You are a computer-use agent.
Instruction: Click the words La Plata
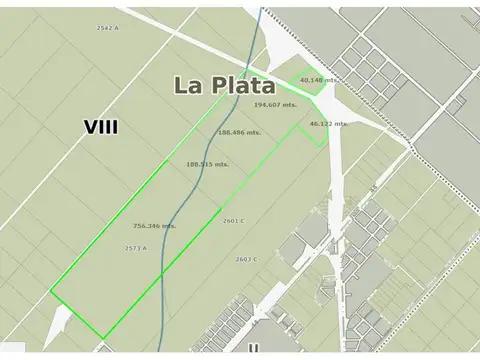[224, 85]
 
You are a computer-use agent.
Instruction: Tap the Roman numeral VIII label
[101, 127]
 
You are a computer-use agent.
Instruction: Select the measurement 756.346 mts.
[154, 226]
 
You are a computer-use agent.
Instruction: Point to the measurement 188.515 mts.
[207, 164]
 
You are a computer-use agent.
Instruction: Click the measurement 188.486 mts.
[239, 132]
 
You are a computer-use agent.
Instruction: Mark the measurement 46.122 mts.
[328, 123]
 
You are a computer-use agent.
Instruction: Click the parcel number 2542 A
[107, 29]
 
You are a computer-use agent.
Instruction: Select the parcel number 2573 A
[136, 248]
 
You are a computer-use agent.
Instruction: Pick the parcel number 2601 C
[235, 221]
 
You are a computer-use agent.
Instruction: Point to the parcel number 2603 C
[246, 259]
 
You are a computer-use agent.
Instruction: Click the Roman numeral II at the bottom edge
[254, 349]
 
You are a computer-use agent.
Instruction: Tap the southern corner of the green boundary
[103, 337]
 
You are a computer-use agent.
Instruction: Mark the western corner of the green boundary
[51, 291]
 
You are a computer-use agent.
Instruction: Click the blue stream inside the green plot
[180, 230]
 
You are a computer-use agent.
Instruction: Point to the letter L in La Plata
[183, 86]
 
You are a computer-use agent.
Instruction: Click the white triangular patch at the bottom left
[57, 325]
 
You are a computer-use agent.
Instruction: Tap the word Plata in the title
[242, 85]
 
